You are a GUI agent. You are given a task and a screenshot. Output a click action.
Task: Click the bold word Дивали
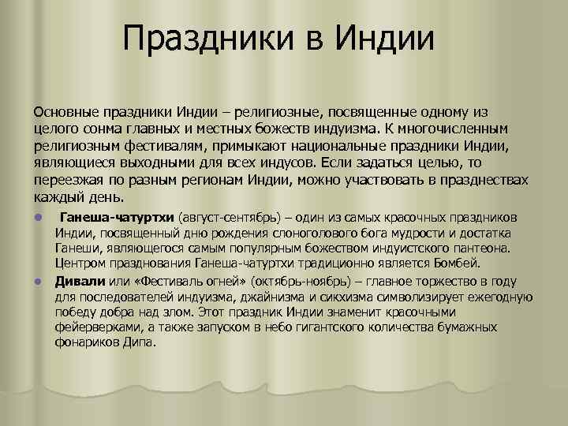(75, 282)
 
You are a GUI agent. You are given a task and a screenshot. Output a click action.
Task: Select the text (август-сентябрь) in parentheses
(229, 218)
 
